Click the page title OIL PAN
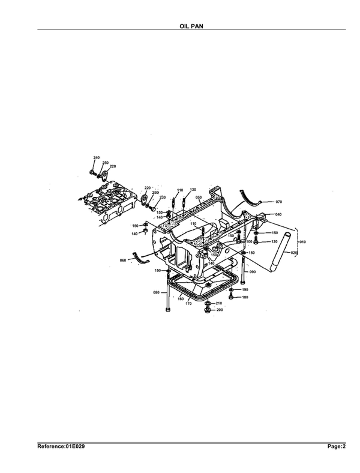tap(191, 26)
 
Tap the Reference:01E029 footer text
tap(61, 446)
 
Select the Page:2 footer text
tap(337, 446)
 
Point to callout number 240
tap(97, 158)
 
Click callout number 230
tap(163, 197)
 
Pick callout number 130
tap(193, 190)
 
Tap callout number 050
tap(199, 197)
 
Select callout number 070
tap(279, 202)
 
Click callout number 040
tap(278, 214)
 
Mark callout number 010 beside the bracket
tap(302, 242)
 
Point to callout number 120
tap(274, 242)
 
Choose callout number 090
tap(253, 272)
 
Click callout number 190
tap(245, 289)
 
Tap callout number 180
tap(245, 297)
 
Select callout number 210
tap(219, 303)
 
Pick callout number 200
tap(220, 310)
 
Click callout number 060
tap(123, 260)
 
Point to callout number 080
tap(157, 292)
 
